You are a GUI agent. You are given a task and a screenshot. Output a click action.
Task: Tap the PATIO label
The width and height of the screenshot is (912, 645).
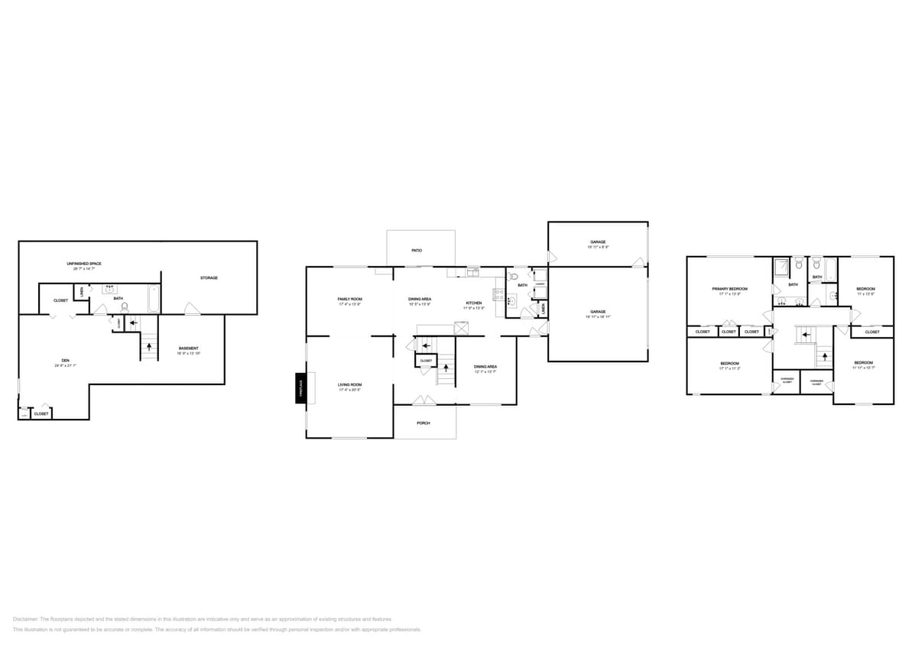(x=417, y=250)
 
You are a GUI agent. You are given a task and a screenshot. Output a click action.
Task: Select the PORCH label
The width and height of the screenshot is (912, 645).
(x=424, y=423)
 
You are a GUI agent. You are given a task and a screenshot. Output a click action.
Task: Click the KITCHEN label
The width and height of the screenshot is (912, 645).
(x=474, y=303)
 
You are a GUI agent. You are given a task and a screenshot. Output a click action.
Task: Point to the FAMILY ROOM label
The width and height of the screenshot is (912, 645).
(x=349, y=299)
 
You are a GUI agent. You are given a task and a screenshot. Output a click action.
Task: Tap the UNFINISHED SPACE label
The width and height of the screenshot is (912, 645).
(x=84, y=264)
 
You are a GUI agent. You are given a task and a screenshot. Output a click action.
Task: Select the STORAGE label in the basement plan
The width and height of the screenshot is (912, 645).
(x=209, y=278)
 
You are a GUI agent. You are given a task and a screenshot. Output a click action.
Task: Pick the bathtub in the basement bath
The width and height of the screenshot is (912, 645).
(x=154, y=298)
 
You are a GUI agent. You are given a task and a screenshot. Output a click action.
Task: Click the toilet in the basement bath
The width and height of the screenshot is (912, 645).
(x=125, y=306)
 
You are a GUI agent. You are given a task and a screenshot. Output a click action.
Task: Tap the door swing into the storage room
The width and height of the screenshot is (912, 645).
(x=193, y=308)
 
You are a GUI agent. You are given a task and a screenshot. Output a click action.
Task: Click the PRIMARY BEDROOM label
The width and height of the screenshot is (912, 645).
(x=729, y=289)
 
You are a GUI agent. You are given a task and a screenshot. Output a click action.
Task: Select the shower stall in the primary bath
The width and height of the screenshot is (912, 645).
(x=781, y=267)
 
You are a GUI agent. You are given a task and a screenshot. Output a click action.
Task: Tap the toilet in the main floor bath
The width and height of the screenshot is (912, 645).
(x=514, y=276)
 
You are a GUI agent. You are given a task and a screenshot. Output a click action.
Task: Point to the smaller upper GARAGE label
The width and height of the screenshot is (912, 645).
(x=598, y=241)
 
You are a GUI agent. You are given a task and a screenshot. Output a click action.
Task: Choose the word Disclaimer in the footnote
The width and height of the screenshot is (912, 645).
(x=25, y=619)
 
